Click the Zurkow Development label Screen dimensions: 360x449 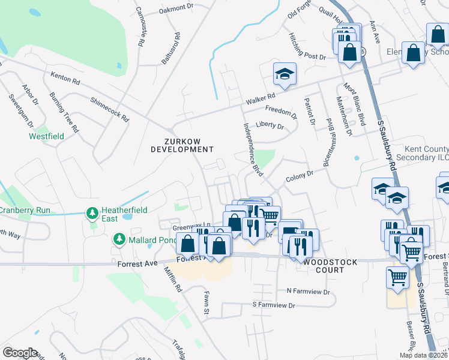click(182, 145)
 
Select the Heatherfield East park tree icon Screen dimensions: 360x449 click(92, 212)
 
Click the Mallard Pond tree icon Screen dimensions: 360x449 click(118, 240)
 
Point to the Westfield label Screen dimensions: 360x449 click(46, 136)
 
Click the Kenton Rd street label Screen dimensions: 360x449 click(65, 78)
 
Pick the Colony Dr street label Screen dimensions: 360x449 click(300, 175)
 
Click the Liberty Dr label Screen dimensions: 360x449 click(270, 126)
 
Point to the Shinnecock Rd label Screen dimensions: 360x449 click(110, 109)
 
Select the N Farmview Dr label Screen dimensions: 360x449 click(309, 291)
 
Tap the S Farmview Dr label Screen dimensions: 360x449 click(274, 305)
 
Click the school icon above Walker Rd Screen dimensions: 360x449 click(285, 74)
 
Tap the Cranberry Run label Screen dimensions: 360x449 click(25, 211)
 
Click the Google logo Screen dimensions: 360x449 click(20, 352)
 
